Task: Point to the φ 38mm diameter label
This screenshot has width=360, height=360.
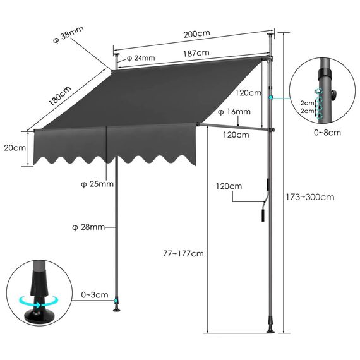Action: pyautogui.click(x=68, y=32)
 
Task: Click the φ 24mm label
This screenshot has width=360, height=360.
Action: pyautogui.click(x=141, y=58)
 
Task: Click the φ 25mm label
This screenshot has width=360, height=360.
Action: pyautogui.click(x=97, y=184)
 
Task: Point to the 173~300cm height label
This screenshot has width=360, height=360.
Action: pyautogui.click(x=318, y=196)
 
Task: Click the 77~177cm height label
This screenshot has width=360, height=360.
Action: pyautogui.click(x=182, y=253)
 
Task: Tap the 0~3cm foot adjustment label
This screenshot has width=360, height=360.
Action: pyautogui.click(x=95, y=295)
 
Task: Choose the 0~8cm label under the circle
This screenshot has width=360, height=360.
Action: pyautogui.click(x=327, y=133)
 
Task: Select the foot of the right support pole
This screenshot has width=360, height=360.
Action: pyautogui.click(x=271, y=328)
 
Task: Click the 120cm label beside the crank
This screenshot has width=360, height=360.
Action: pyautogui.click(x=229, y=187)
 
